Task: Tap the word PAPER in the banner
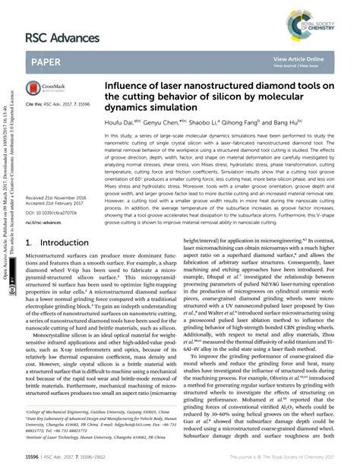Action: click(47, 62)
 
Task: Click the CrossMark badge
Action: click(36, 88)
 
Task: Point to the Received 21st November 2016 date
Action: click(55, 197)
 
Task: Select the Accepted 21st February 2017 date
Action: click(54, 204)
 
